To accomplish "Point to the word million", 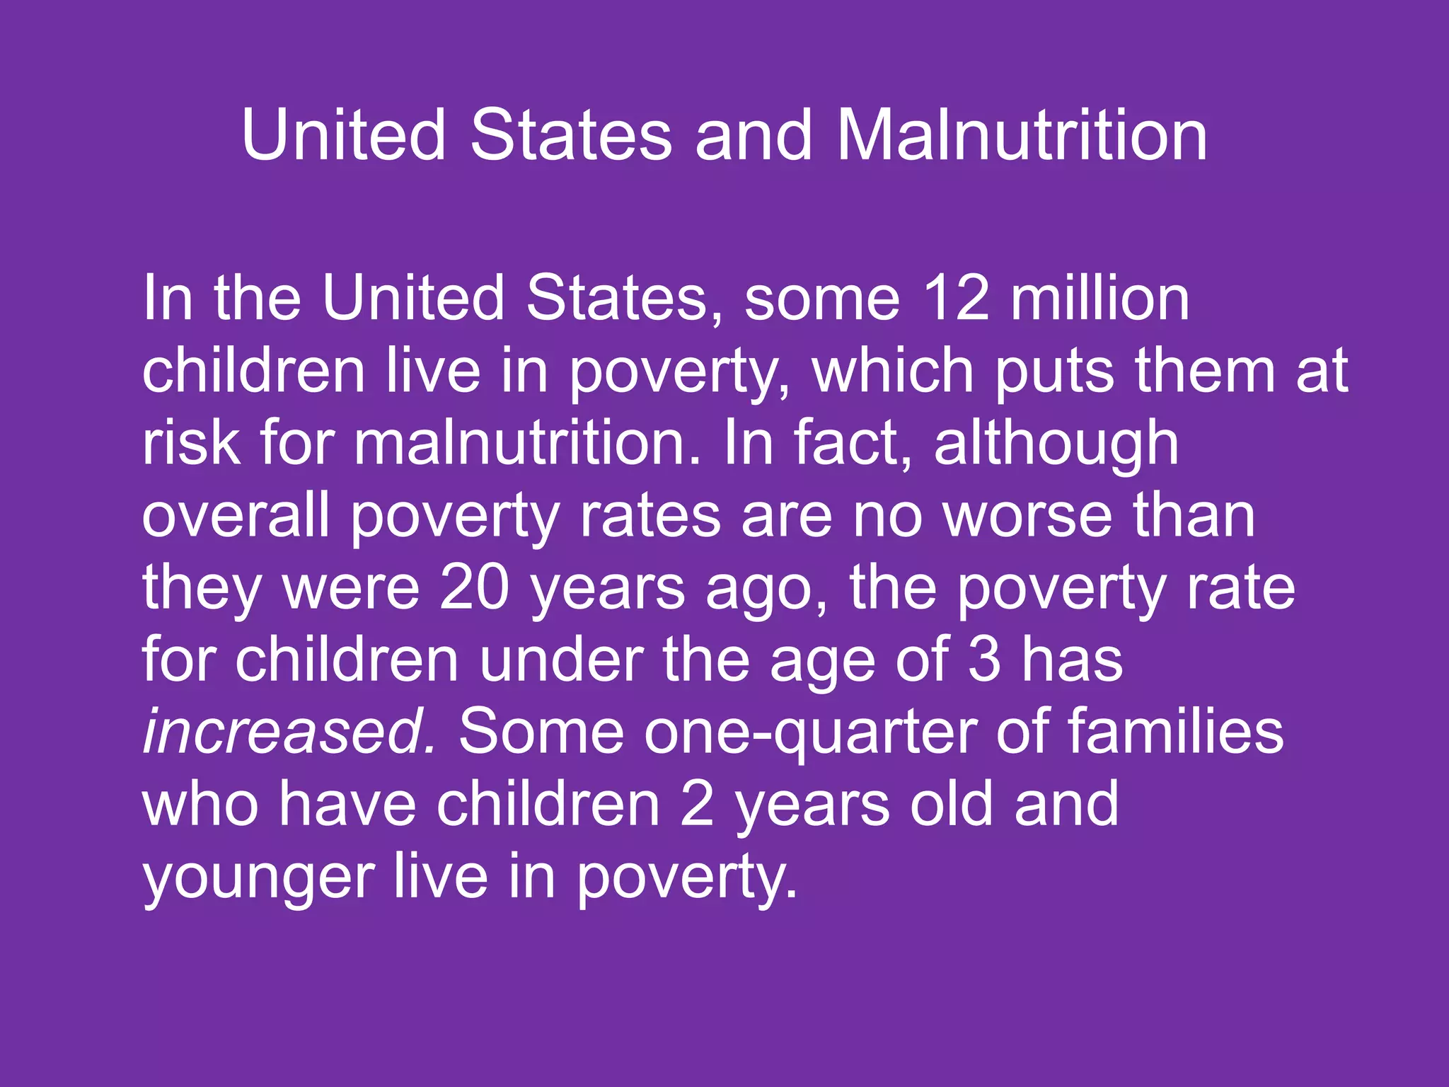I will (1100, 298).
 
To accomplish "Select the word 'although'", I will (1056, 444).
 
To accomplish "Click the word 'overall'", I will (236, 515).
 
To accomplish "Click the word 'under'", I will (561, 660).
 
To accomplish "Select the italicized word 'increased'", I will (290, 732).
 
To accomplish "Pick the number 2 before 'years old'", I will (697, 805).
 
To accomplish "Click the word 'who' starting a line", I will (200, 805).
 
